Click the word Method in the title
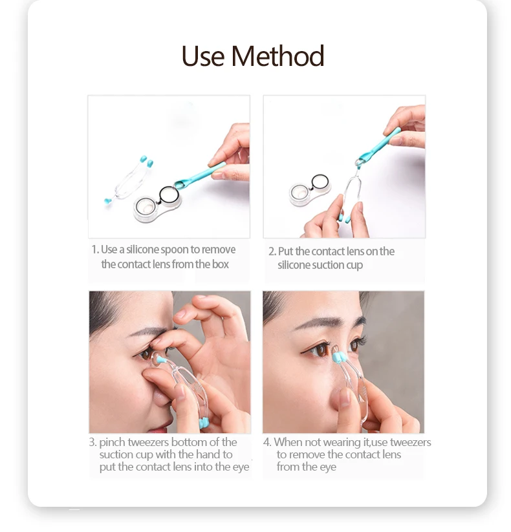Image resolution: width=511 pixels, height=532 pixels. click(x=277, y=56)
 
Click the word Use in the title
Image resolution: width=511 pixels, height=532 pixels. click(x=202, y=56)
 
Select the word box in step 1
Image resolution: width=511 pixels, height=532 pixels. click(x=221, y=264)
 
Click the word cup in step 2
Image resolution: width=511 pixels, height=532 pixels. click(x=354, y=266)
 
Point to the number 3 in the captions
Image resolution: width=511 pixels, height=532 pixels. click(x=92, y=442)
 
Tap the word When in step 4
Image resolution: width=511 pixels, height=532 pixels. click(x=288, y=442)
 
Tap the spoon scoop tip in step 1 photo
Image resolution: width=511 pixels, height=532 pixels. click(x=180, y=184)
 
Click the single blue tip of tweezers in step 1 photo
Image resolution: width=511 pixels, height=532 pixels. click(x=108, y=201)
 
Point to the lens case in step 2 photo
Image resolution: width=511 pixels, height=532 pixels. click(x=310, y=189)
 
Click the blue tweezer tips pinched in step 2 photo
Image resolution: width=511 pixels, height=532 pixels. click(x=343, y=218)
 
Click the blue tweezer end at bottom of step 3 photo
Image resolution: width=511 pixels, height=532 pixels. click(x=203, y=423)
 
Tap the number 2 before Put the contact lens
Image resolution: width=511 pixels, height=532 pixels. click(x=271, y=251)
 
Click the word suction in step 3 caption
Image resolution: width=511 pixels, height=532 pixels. click(x=116, y=454)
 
